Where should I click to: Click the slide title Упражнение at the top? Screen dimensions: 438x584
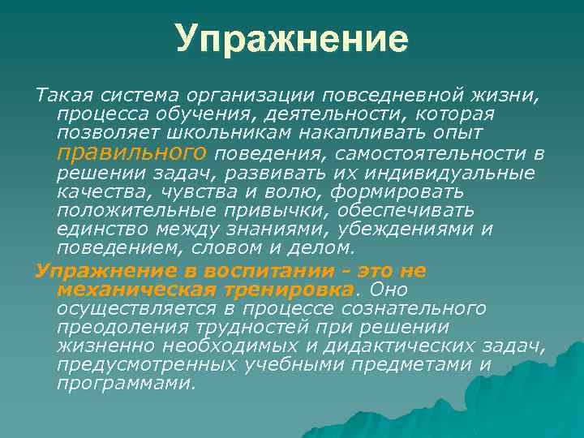291,38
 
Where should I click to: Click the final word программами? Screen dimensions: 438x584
126,384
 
